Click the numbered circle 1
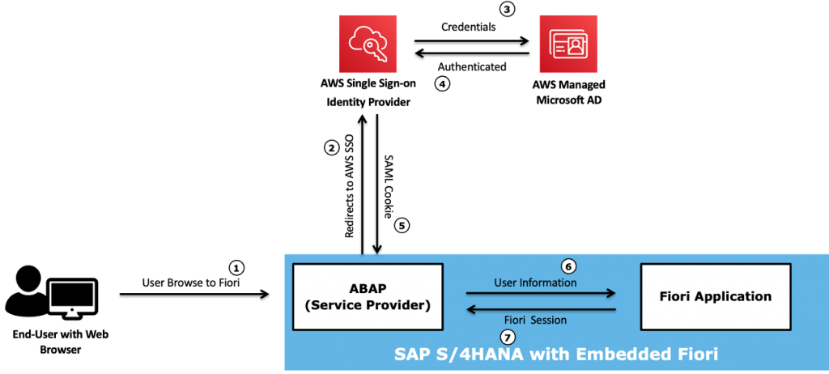(236, 267)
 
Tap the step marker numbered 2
(331, 147)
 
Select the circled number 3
(507, 10)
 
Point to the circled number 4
(441, 83)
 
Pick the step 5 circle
(402, 225)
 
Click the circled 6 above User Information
(568, 266)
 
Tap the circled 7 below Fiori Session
(508, 337)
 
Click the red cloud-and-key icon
(368, 44)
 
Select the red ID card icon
(568, 44)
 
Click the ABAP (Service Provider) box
(368, 296)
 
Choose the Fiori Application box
(715, 296)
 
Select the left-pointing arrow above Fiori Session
(541, 309)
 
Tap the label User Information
(535, 283)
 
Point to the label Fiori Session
(535, 321)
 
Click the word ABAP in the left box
(368, 288)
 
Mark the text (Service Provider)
(368, 305)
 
